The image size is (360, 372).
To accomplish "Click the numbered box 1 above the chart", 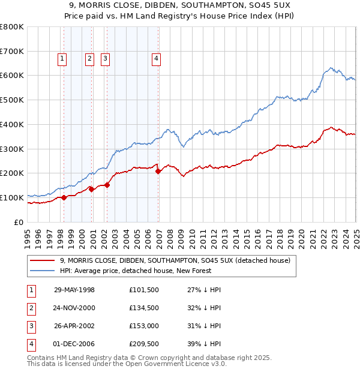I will coord(63,59).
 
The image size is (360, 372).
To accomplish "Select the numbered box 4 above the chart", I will coord(155,59).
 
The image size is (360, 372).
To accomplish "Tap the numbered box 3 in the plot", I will coord(105,59).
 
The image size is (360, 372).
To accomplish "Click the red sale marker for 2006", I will coord(158,171).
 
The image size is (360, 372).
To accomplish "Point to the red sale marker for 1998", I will coord(64,197).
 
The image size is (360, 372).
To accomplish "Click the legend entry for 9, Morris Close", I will coord(175,260).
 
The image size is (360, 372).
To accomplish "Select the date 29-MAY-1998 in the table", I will coord(74,290).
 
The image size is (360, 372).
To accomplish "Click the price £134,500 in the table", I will coord(143,308).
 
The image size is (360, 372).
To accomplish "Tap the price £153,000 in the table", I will coord(143,326).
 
